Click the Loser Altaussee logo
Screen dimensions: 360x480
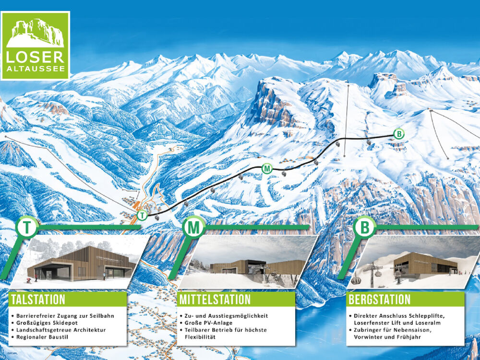36,45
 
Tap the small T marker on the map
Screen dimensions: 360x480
142,216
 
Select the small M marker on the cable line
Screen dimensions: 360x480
267,168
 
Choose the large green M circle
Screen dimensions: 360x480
194,228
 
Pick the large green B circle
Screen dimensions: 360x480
365,228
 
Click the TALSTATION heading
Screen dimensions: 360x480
37,300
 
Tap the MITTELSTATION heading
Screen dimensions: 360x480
215,300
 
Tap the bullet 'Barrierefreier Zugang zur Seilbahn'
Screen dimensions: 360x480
65,316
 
